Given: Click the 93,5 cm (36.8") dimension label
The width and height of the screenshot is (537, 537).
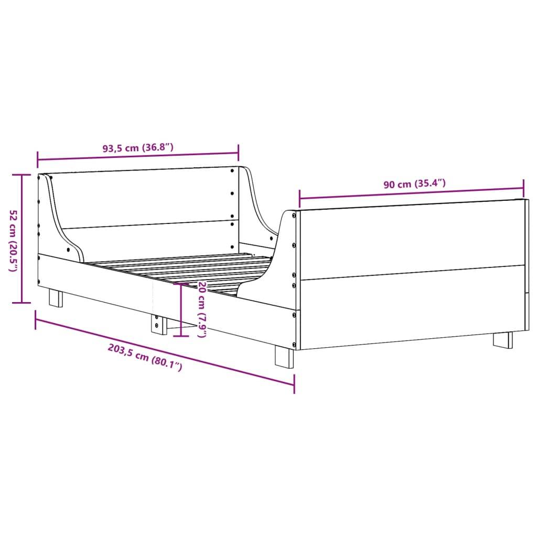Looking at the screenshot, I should (137, 148).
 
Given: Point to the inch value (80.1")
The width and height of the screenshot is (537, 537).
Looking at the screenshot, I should (166, 363).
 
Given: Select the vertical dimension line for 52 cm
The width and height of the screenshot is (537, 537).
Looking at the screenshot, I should (22, 239).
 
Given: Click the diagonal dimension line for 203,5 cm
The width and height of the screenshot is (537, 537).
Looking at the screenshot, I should (165, 348).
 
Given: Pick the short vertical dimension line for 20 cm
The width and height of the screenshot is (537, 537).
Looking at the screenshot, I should (181, 309).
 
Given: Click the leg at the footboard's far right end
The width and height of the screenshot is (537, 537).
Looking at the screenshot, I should (502, 339).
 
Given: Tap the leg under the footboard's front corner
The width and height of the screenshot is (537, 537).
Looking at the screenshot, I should (284, 357).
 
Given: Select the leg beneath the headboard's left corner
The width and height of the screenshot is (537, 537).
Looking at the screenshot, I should (56, 298).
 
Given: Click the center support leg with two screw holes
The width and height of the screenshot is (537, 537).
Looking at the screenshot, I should (157, 324).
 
